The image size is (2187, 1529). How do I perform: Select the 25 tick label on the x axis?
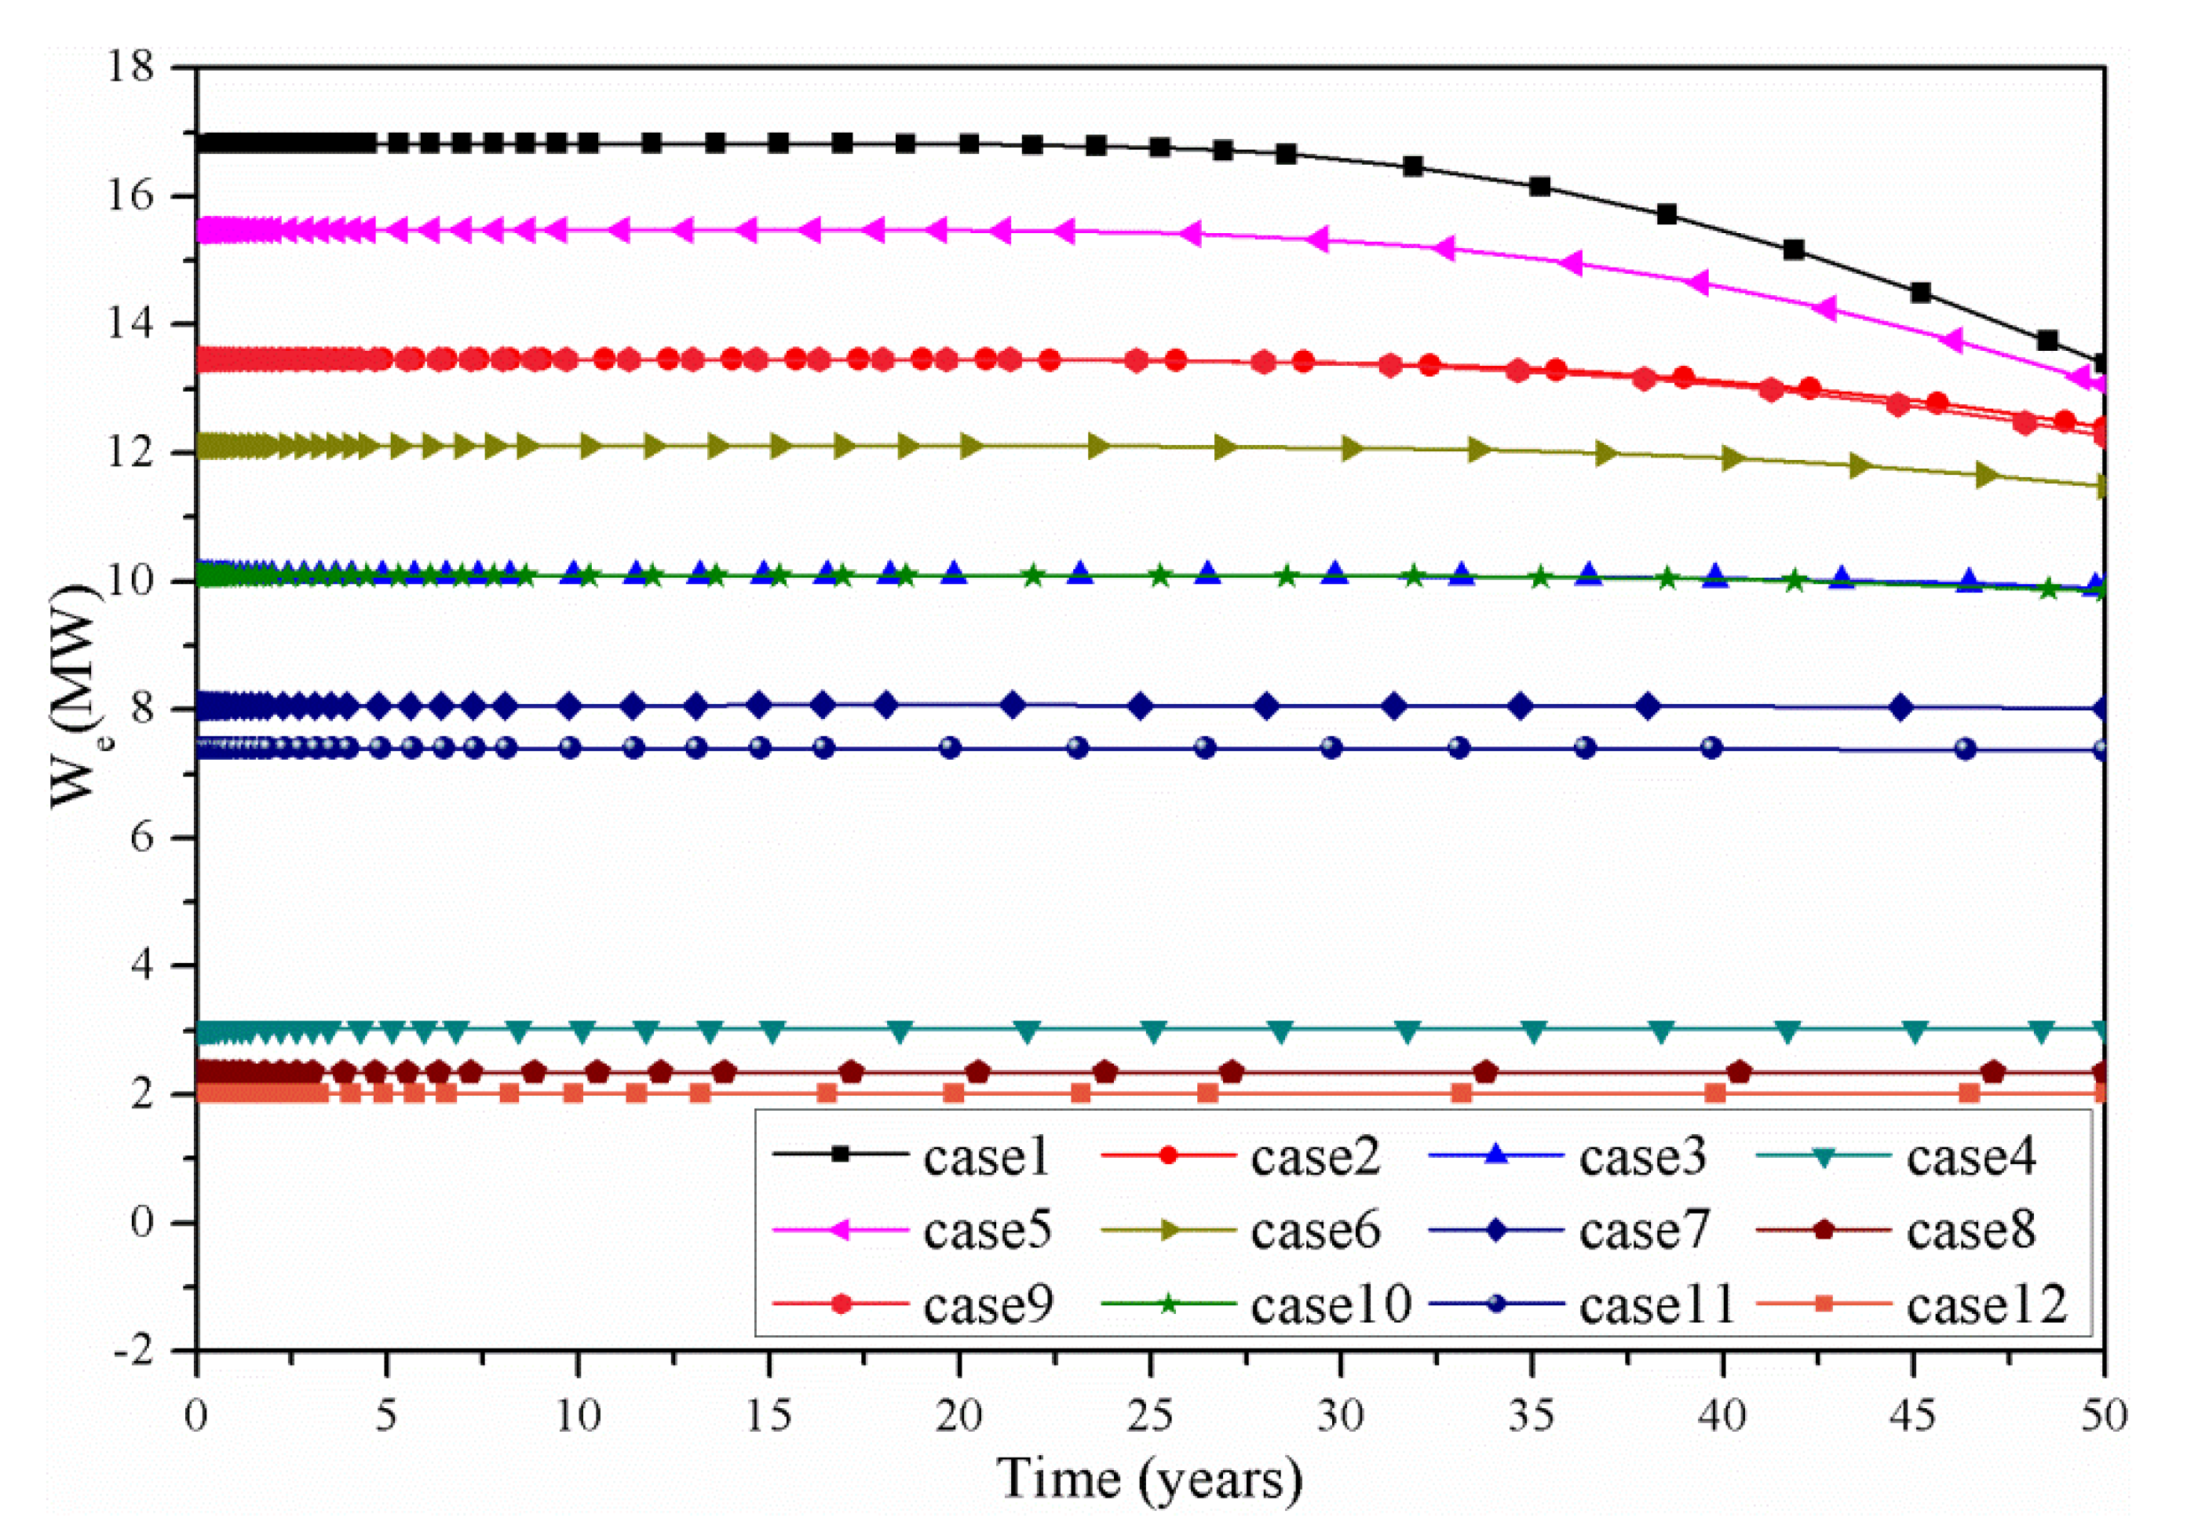coord(1151,1418)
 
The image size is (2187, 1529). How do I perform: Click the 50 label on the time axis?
coord(2103,1418)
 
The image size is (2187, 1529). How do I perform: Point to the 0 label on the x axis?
coord(197,1418)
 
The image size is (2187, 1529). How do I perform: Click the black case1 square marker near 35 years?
coord(1539,187)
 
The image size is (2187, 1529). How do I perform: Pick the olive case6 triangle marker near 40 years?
coord(1732,458)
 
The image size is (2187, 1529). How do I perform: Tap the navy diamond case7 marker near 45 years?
coord(1901,707)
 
